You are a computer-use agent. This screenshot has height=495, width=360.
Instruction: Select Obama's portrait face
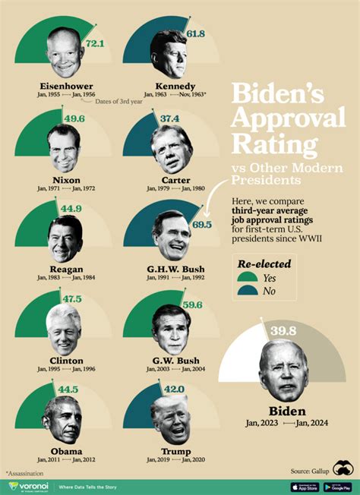pyautogui.click(x=63, y=420)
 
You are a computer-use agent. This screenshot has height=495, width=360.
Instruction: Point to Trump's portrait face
pyautogui.click(x=169, y=418)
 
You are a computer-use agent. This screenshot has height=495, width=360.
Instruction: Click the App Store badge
pyautogui.click(x=302, y=487)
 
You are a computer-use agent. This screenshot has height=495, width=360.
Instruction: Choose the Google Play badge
pyautogui.click(x=336, y=487)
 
